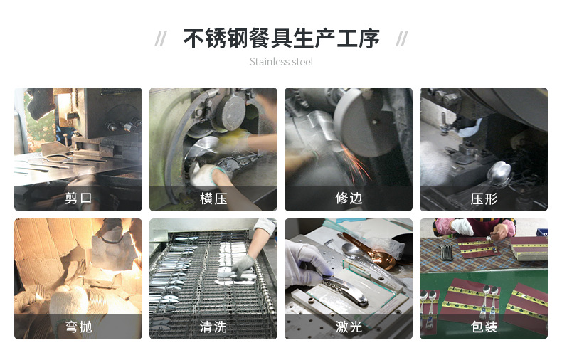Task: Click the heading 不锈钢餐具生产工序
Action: tap(281, 38)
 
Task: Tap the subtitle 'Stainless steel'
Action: tap(281, 62)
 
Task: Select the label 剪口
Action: tap(78, 198)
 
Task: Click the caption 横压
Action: tap(213, 198)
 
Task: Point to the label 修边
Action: tap(349, 198)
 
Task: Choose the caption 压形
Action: tap(484, 198)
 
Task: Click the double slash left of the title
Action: tap(161, 38)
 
